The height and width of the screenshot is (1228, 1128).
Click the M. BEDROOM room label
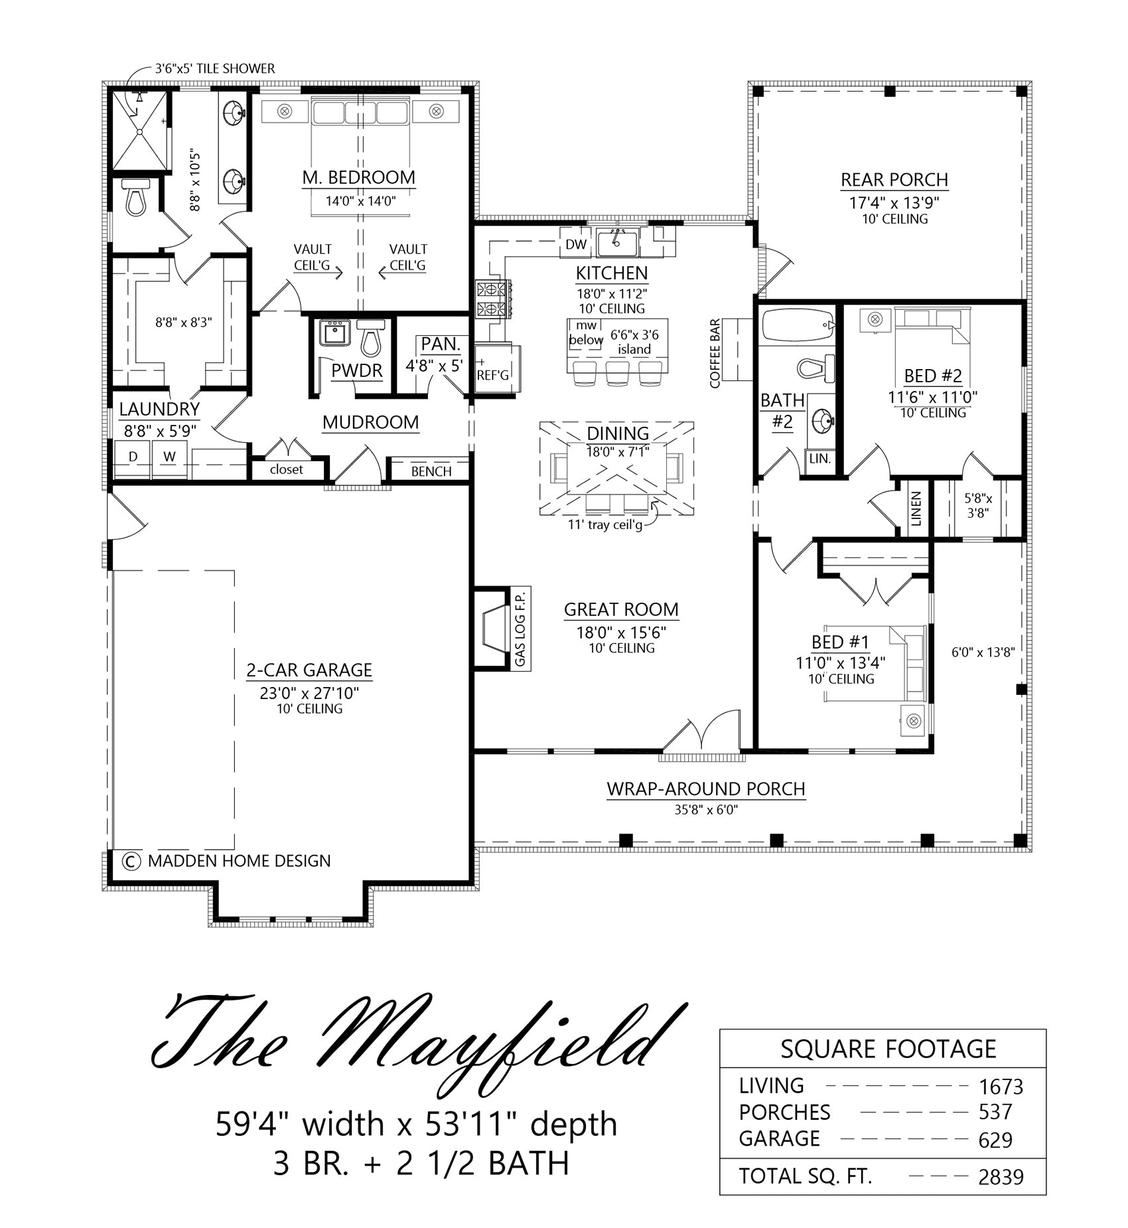(x=358, y=177)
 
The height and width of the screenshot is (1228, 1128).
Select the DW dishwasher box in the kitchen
(x=576, y=244)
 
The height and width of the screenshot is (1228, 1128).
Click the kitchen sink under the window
(x=617, y=243)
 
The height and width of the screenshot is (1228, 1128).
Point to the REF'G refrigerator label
(x=493, y=375)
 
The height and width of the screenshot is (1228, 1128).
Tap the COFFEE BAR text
(x=715, y=354)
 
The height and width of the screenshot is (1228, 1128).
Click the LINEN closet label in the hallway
(x=916, y=508)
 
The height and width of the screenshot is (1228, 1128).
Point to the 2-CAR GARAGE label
(x=309, y=670)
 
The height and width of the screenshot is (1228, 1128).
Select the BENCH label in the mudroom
(x=431, y=471)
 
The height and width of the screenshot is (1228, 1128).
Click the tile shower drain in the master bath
(x=140, y=131)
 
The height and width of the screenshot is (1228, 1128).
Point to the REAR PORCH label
(x=894, y=180)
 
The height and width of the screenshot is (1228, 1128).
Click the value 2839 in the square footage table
(x=1001, y=1177)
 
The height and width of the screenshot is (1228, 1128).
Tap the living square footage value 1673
(x=1001, y=1087)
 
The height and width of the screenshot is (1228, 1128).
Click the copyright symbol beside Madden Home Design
(x=131, y=861)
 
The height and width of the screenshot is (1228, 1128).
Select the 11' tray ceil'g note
(x=605, y=525)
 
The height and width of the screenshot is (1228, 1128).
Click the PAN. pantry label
(x=441, y=344)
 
